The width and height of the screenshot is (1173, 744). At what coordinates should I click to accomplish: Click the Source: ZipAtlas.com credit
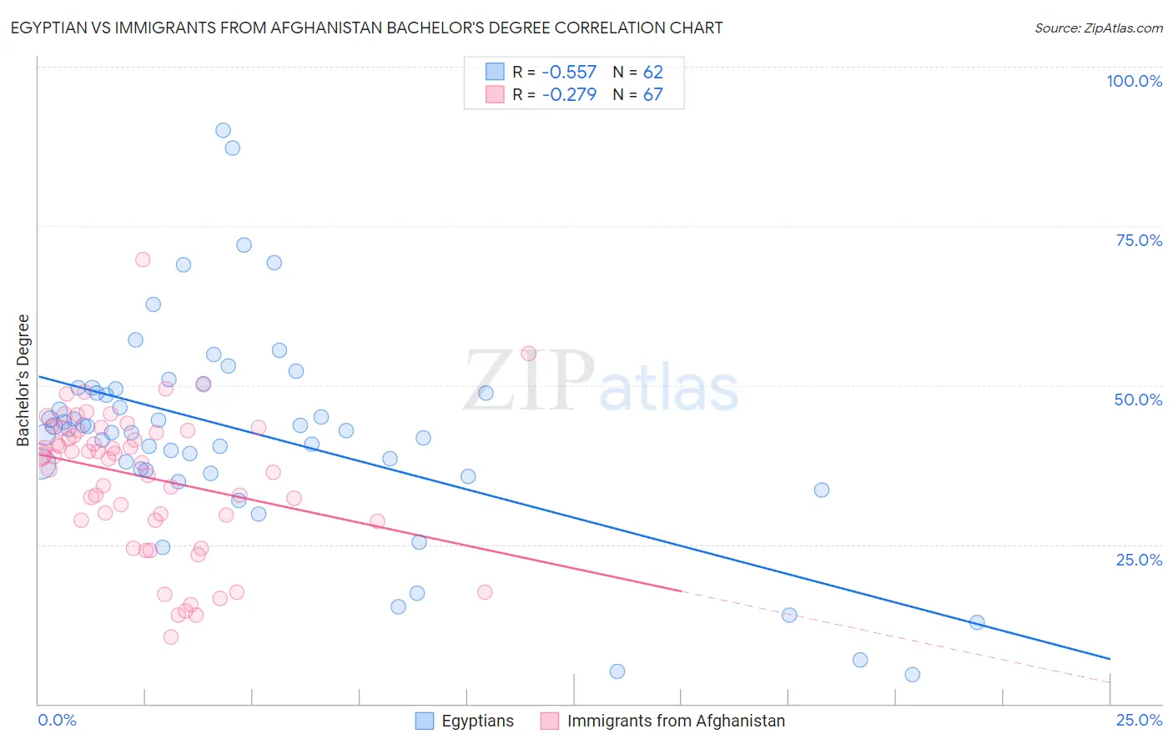coord(1098,28)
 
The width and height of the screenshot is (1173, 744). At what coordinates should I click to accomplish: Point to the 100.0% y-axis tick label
coord(1134,81)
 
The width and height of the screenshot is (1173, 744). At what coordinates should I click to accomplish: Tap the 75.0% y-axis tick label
coord(1139,240)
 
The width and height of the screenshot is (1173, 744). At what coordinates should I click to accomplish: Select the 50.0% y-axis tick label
coord(1138,400)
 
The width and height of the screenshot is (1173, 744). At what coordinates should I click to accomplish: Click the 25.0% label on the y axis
coord(1139,560)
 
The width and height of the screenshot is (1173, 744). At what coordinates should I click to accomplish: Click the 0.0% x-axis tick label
coord(57,720)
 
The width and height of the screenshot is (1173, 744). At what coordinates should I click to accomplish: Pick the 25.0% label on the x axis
coord(1139,720)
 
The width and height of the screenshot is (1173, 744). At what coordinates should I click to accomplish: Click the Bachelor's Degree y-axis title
coord(23,380)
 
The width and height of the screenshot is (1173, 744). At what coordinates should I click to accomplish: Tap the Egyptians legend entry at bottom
coord(477,721)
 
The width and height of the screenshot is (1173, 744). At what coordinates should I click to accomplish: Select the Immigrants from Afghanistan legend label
coord(676,721)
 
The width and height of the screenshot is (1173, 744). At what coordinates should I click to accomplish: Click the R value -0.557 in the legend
coord(569,72)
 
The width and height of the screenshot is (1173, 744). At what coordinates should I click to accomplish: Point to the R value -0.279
coord(569,94)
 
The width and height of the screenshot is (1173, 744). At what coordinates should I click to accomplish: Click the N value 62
coord(652,72)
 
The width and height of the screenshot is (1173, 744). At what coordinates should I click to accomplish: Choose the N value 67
coord(652,94)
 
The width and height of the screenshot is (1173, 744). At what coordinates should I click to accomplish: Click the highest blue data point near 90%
coord(223,130)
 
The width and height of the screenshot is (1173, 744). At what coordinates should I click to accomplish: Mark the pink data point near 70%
coord(143,259)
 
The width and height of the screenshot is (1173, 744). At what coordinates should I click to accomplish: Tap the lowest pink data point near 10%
coord(171,637)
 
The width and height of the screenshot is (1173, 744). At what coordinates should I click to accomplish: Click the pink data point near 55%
coord(528,354)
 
